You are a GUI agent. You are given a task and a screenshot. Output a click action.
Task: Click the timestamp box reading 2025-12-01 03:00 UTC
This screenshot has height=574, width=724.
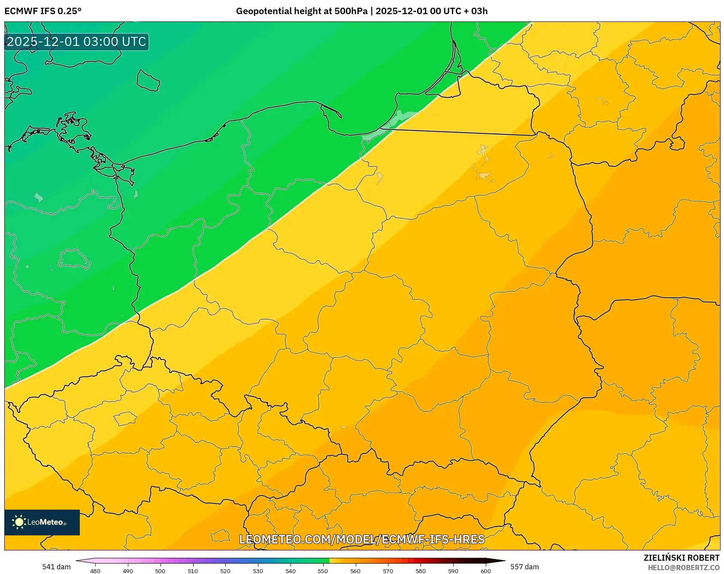[76, 42]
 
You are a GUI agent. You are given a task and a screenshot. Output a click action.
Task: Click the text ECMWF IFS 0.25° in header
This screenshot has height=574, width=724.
[43, 11]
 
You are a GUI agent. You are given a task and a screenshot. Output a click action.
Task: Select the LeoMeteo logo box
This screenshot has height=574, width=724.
[42, 522]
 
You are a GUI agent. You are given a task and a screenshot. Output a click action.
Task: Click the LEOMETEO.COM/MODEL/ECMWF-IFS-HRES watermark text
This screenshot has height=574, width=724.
[362, 539]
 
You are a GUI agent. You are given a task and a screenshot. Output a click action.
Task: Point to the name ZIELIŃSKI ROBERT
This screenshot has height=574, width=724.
[681, 558]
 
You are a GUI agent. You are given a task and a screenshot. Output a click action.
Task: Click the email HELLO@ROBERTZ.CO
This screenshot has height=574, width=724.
[683, 568]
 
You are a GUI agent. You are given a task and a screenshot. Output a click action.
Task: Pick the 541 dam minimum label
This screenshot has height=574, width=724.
[56, 567]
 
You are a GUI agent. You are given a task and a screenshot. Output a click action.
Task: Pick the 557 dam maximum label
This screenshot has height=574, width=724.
[524, 567]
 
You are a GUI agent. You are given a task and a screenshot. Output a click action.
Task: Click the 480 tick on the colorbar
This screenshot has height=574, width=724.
[95, 571]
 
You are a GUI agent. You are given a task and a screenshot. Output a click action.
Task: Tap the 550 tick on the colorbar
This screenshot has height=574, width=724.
[323, 571]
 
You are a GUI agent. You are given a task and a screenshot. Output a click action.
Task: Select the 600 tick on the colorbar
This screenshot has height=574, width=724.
[485, 571]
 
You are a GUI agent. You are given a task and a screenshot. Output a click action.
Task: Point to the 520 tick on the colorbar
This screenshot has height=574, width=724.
[225, 571]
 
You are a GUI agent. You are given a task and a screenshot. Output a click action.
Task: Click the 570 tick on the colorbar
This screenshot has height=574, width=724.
[388, 571]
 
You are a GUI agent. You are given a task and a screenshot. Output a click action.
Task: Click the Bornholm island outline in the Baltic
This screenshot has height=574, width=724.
[148, 81]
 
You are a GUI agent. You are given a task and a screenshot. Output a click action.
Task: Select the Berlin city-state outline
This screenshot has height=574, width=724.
[73, 259]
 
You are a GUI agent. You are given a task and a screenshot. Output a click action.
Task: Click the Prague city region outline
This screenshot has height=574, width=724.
[125, 418]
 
